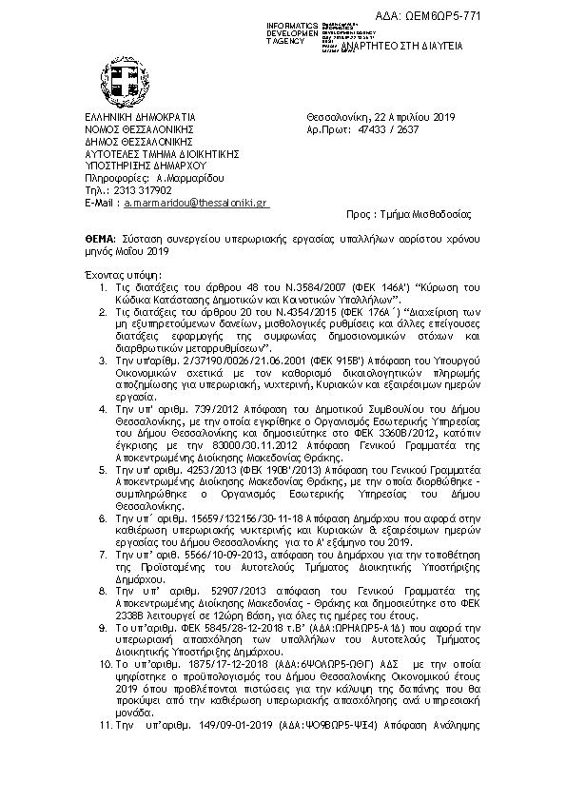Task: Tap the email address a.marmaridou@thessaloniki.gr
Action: [197, 203]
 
